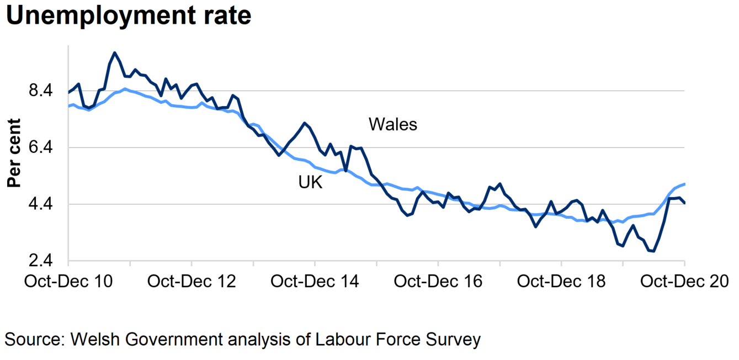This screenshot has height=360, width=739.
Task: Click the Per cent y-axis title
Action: pyautogui.click(x=14, y=153)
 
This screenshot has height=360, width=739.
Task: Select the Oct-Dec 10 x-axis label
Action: pyautogui.click(x=68, y=281)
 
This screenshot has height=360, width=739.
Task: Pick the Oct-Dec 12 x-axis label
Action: pyautogui.click(x=192, y=281)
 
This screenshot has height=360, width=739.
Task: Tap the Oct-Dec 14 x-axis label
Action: pyautogui.click(x=315, y=281)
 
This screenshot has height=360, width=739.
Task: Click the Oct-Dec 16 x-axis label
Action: pyautogui.click(x=438, y=281)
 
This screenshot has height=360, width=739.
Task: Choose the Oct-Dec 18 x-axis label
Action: pyautogui.click(x=561, y=281)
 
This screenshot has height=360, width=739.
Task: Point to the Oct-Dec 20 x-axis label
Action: pyautogui.click(x=684, y=281)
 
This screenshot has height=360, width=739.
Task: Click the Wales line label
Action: pyautogui.click(x=393, y=125)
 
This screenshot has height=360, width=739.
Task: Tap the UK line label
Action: pyautogui.click(x=310, y=183)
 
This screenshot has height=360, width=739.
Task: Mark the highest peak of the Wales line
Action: pyautogui.click(x=114, y=53)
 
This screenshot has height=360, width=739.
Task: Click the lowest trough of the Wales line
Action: pyautogui.click(x=653, y=251)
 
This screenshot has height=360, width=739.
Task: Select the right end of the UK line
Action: pyautogui.click(x=684, y=184)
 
